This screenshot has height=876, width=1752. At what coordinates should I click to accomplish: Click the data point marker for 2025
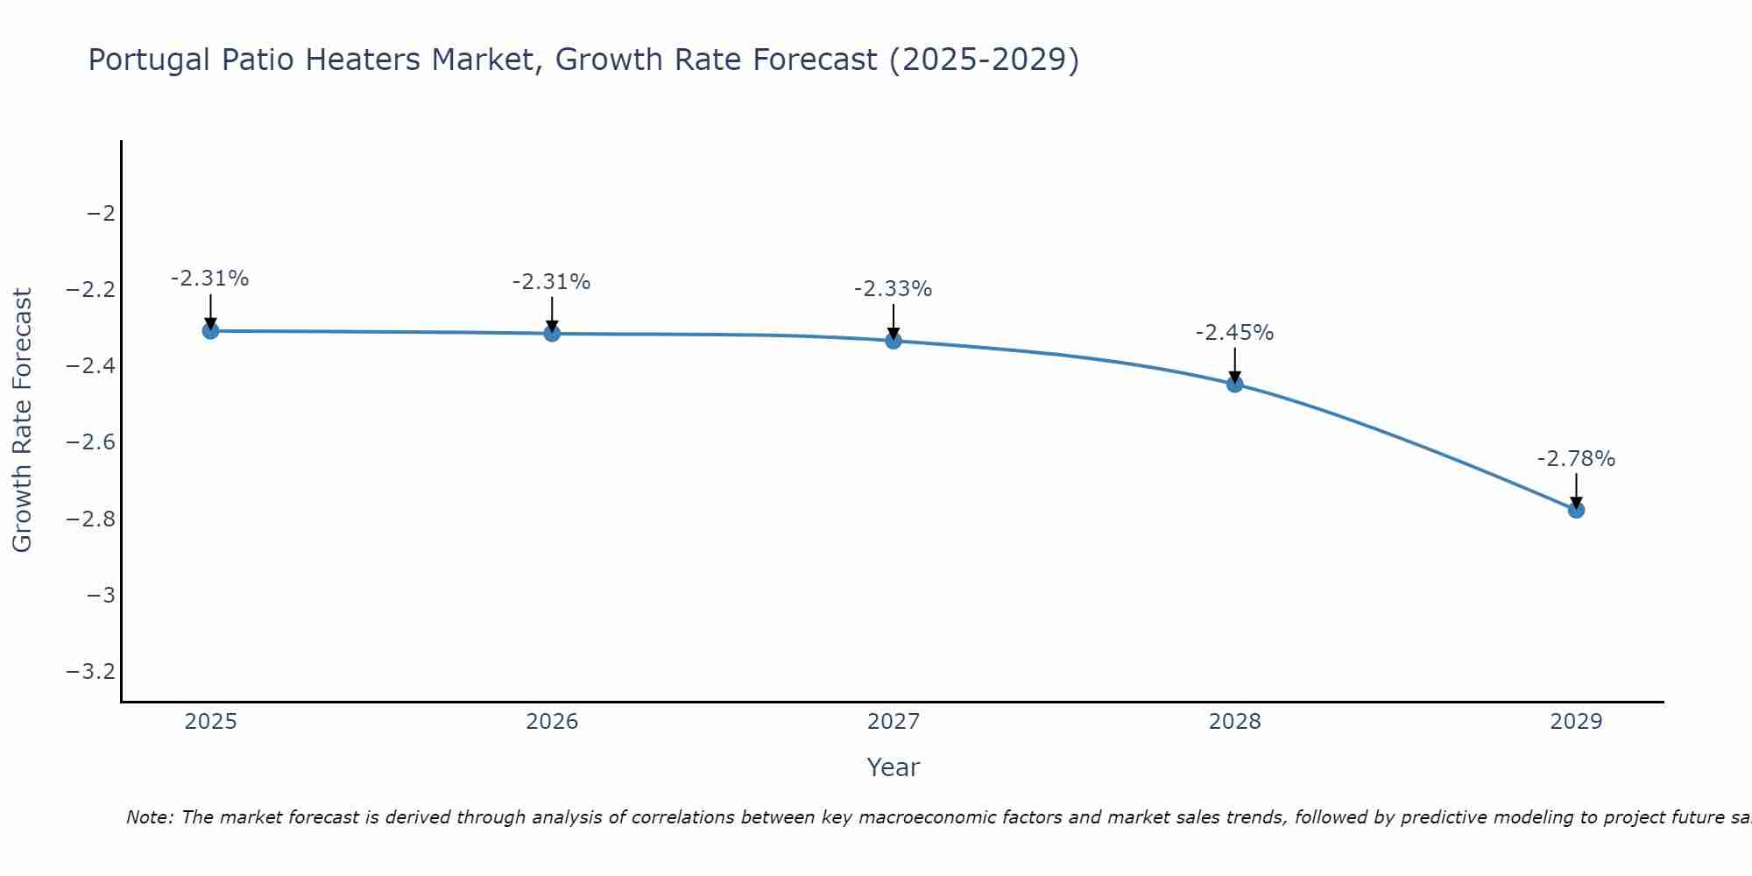pos(210,331)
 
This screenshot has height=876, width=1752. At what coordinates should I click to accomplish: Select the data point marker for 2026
pos(552,333)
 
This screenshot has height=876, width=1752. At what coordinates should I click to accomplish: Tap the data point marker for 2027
pos(894,341)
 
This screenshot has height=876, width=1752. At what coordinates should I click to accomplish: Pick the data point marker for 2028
pos(1235,384)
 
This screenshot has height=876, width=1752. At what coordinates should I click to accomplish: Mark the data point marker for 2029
pos(1576,510)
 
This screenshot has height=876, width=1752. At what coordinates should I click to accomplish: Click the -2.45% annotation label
pos(1234,333)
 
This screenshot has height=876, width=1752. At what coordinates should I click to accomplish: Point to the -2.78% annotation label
pos(1576,459)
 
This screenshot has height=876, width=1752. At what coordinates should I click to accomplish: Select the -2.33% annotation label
pos(893,289)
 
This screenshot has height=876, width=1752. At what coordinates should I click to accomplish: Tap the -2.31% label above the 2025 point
pos(209,279)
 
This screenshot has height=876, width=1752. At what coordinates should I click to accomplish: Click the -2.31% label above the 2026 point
pos(551,282)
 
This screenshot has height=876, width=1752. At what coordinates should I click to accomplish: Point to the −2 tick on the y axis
pos(102,214)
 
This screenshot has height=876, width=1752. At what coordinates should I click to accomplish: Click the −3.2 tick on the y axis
pos(91,672)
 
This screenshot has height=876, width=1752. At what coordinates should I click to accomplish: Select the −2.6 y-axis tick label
pos(91,442)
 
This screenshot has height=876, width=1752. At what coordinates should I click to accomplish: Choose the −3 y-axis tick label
pos(102,596)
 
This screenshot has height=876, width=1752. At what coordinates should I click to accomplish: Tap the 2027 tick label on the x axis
pos(894,722)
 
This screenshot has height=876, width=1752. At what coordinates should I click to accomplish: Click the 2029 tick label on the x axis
pos(1576,722)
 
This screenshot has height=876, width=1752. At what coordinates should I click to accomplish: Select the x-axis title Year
pos(893,768)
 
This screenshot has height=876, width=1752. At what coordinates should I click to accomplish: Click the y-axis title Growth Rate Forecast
pos(22,420)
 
